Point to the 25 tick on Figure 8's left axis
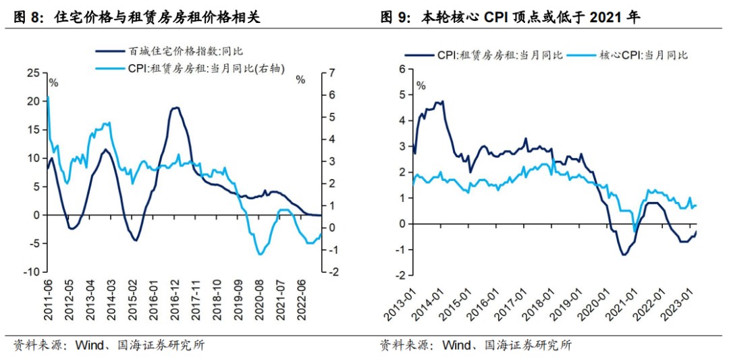point(33,72)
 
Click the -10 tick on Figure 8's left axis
point(31,272)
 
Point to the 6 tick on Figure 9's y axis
point(402,69)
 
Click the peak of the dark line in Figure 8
point(175,107)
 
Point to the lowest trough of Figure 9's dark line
point(624,255)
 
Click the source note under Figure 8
point(108,345)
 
